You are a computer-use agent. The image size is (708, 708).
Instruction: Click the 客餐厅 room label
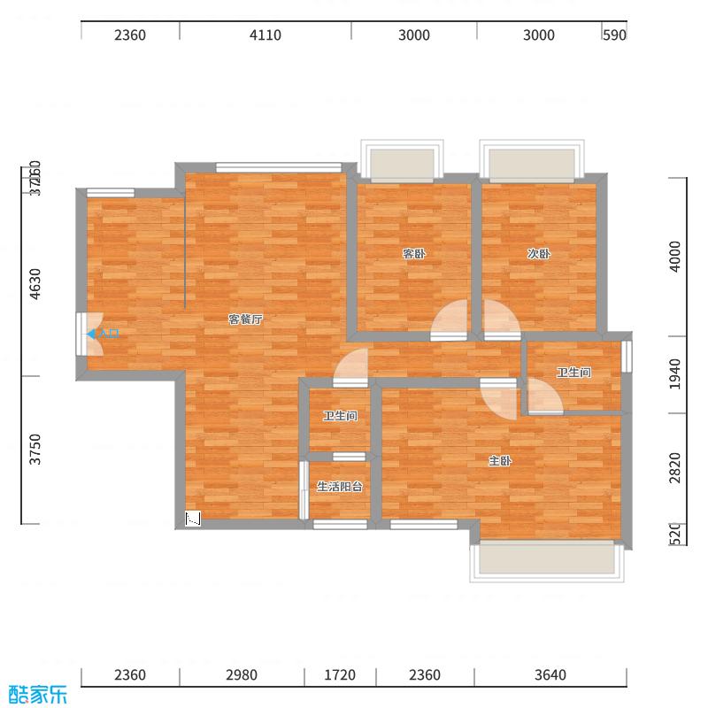point(245,319)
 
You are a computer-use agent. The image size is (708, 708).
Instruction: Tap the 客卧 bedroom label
point(414,254)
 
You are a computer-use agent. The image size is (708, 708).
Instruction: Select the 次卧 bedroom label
point(539,254)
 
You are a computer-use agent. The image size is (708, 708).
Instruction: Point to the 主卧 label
point(500,461)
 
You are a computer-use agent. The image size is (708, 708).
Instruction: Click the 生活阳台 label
point(340,486)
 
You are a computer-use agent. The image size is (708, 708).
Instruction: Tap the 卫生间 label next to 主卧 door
point(573,373)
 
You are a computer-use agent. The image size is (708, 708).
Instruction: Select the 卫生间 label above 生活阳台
point(340,416)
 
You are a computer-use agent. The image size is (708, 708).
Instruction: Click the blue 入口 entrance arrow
point(91,334)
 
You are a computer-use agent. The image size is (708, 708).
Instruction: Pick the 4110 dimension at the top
point(265,35)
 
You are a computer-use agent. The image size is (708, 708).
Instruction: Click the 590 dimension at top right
point(614,35)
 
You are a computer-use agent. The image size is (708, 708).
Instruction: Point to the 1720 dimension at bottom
point(339,675)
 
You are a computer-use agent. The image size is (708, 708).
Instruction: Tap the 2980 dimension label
point(241,675)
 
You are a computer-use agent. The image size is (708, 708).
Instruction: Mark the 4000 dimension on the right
point(676,257)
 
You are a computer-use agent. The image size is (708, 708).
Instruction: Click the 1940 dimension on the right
point(676,373)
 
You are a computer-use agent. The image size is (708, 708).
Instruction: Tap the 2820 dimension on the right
point(676,467)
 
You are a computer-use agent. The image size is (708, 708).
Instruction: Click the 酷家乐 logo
point(37,695)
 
